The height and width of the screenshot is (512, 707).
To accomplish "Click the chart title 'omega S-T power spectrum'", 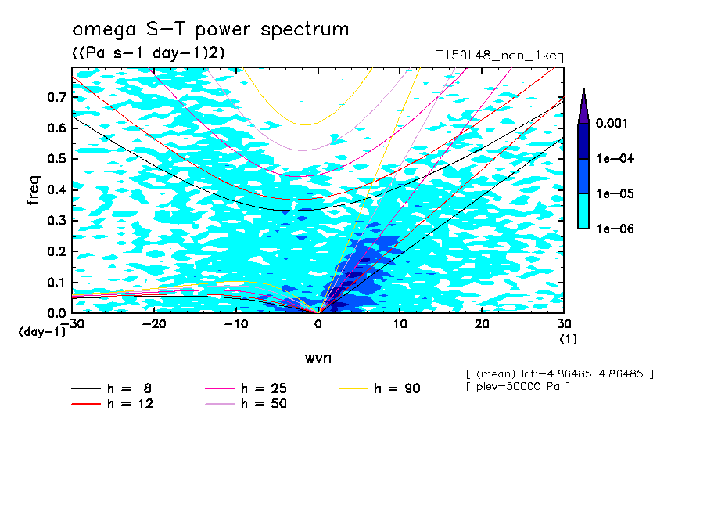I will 210,31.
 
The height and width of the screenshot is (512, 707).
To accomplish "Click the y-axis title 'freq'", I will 34,190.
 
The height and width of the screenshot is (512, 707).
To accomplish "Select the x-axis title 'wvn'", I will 318,358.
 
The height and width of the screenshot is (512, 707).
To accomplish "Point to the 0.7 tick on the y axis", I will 56,97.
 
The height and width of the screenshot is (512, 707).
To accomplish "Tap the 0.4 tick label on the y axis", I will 56,189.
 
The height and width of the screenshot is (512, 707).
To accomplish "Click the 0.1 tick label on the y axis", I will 56,283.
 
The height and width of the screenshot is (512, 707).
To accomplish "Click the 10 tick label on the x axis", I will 400,324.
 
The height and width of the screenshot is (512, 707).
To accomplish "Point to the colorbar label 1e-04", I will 615,158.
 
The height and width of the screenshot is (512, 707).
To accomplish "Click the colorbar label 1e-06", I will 615,229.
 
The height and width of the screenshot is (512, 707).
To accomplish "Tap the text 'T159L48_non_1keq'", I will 500,56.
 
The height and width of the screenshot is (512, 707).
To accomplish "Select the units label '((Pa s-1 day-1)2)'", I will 149,53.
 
